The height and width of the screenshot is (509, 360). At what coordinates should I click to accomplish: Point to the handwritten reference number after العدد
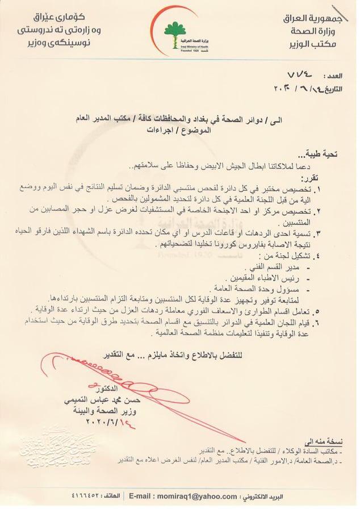tap(302, 74)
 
